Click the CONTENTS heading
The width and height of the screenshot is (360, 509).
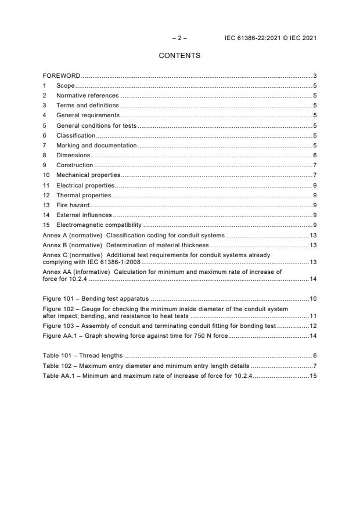[x=179, y=56]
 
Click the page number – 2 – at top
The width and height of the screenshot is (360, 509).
[x=179, y=38]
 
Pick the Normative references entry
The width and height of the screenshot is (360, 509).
[x=87, y=95]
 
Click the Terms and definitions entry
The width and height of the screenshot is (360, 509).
[x=88, y=105]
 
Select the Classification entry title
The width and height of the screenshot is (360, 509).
[x=75, y=135]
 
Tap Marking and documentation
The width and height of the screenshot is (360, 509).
[x=96, y=145]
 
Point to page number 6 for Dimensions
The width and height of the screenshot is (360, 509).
[x=314, y=155]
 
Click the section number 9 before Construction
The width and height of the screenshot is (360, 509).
[x=45, y=165]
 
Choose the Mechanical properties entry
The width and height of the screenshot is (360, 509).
[x=88, y=175]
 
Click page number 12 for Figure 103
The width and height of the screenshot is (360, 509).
[x=312, y=327]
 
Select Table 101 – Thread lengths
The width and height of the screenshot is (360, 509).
[x=82, y=355]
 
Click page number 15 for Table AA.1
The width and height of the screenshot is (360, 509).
[x=312, y=376]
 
